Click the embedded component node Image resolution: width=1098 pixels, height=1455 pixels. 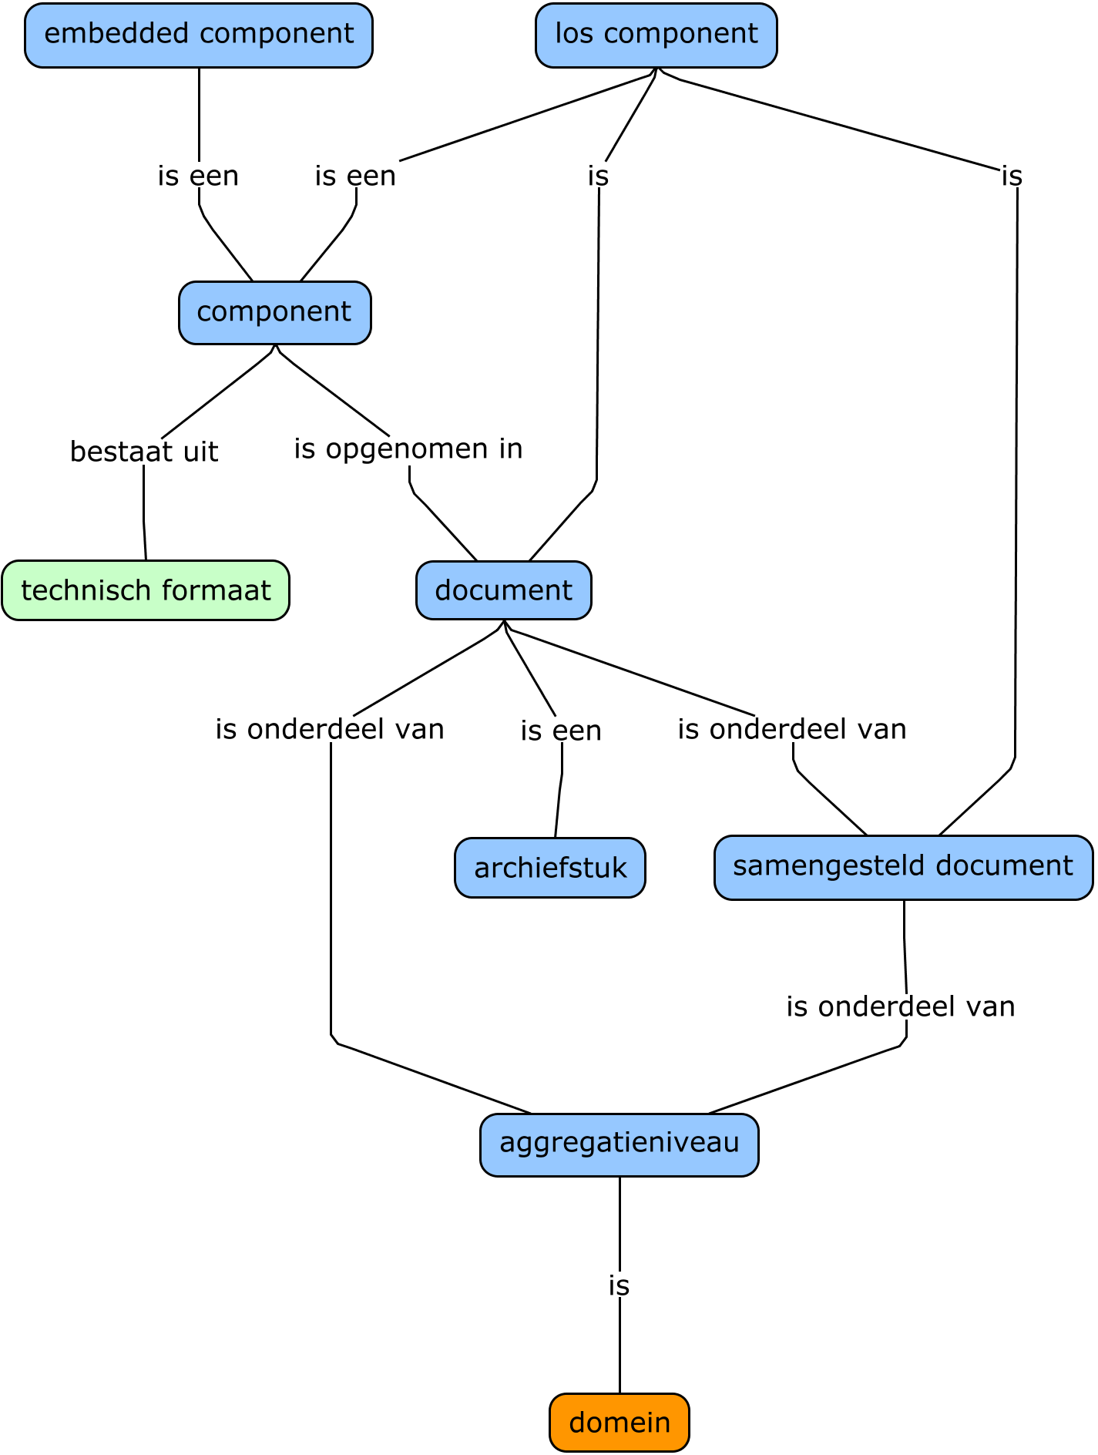(x=199, y=35)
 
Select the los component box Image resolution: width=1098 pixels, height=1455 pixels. (x=656, y=35)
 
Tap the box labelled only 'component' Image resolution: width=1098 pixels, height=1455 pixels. (x=274, y=313)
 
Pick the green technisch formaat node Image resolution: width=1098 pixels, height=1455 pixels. (x=146, y=590)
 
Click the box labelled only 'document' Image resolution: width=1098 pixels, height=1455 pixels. (x=504, y=590)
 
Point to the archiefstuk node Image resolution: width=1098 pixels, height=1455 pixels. (x=550, y=868)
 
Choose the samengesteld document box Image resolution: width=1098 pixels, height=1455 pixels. (x=903, y=867)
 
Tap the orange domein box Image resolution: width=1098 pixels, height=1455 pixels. (x=620, y=1422)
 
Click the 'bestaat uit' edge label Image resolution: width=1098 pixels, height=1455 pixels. (x=144, y=452)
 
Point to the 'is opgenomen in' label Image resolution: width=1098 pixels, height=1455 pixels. (x=408, y=449)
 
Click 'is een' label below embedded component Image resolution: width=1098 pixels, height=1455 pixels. (x=198, y=176)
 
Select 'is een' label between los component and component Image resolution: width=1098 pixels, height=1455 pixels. (x=355, y=176)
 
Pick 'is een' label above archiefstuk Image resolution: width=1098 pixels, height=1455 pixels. (x=561, y=731)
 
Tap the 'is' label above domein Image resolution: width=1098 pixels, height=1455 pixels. (x=619, y=1285)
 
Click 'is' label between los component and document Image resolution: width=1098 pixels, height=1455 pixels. (x=598, y=176)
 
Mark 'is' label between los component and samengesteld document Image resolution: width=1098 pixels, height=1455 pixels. (x=1012, y=176)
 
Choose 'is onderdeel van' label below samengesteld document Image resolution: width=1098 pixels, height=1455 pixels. (x=901, y=1006)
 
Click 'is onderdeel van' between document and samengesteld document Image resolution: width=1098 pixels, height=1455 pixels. (x=792, y=729)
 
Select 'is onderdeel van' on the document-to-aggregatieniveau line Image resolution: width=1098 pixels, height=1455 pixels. (x=330, y=729)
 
